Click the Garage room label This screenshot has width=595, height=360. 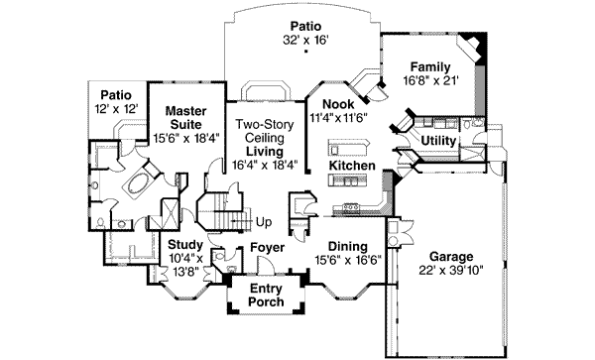coord(451,257)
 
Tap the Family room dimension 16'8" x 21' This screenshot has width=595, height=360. coord(431,80)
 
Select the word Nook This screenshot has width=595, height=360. coord(338,104)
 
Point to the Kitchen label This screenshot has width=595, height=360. coord(352,166)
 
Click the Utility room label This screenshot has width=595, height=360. coord(438,141)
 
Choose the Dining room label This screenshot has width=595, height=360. coord(348,247)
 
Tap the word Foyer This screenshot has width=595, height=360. coord(267,248)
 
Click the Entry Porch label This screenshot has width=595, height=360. coord(266,296)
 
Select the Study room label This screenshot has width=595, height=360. coord(185,245)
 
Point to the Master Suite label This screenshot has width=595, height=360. coord(186,118)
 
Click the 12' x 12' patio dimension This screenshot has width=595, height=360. coord(116,109)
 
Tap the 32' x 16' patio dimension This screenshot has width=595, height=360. coord(305,40)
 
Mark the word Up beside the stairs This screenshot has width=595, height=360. coord(264,222)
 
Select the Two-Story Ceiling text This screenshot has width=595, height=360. coord(265,131)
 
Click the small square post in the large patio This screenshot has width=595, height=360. coord(305,52)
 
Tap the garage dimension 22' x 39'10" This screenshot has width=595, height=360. coord(451,271)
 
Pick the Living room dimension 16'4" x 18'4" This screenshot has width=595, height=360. coord(265,165)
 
